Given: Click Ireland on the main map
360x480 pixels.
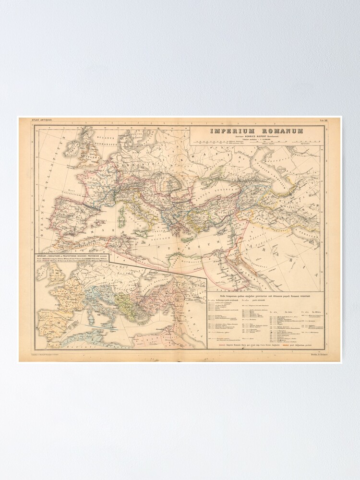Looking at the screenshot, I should (x=72, y=149).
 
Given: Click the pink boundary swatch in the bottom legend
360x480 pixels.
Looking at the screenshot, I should (x=222, y=343).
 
